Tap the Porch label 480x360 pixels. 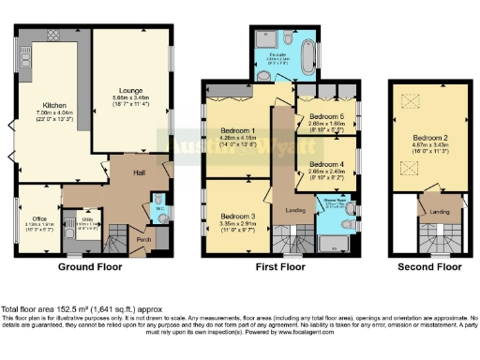pos(142,239)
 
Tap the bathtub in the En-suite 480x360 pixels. pos(305,46)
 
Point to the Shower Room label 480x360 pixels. pos(334,200)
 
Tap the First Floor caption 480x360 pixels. pos(280,268)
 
